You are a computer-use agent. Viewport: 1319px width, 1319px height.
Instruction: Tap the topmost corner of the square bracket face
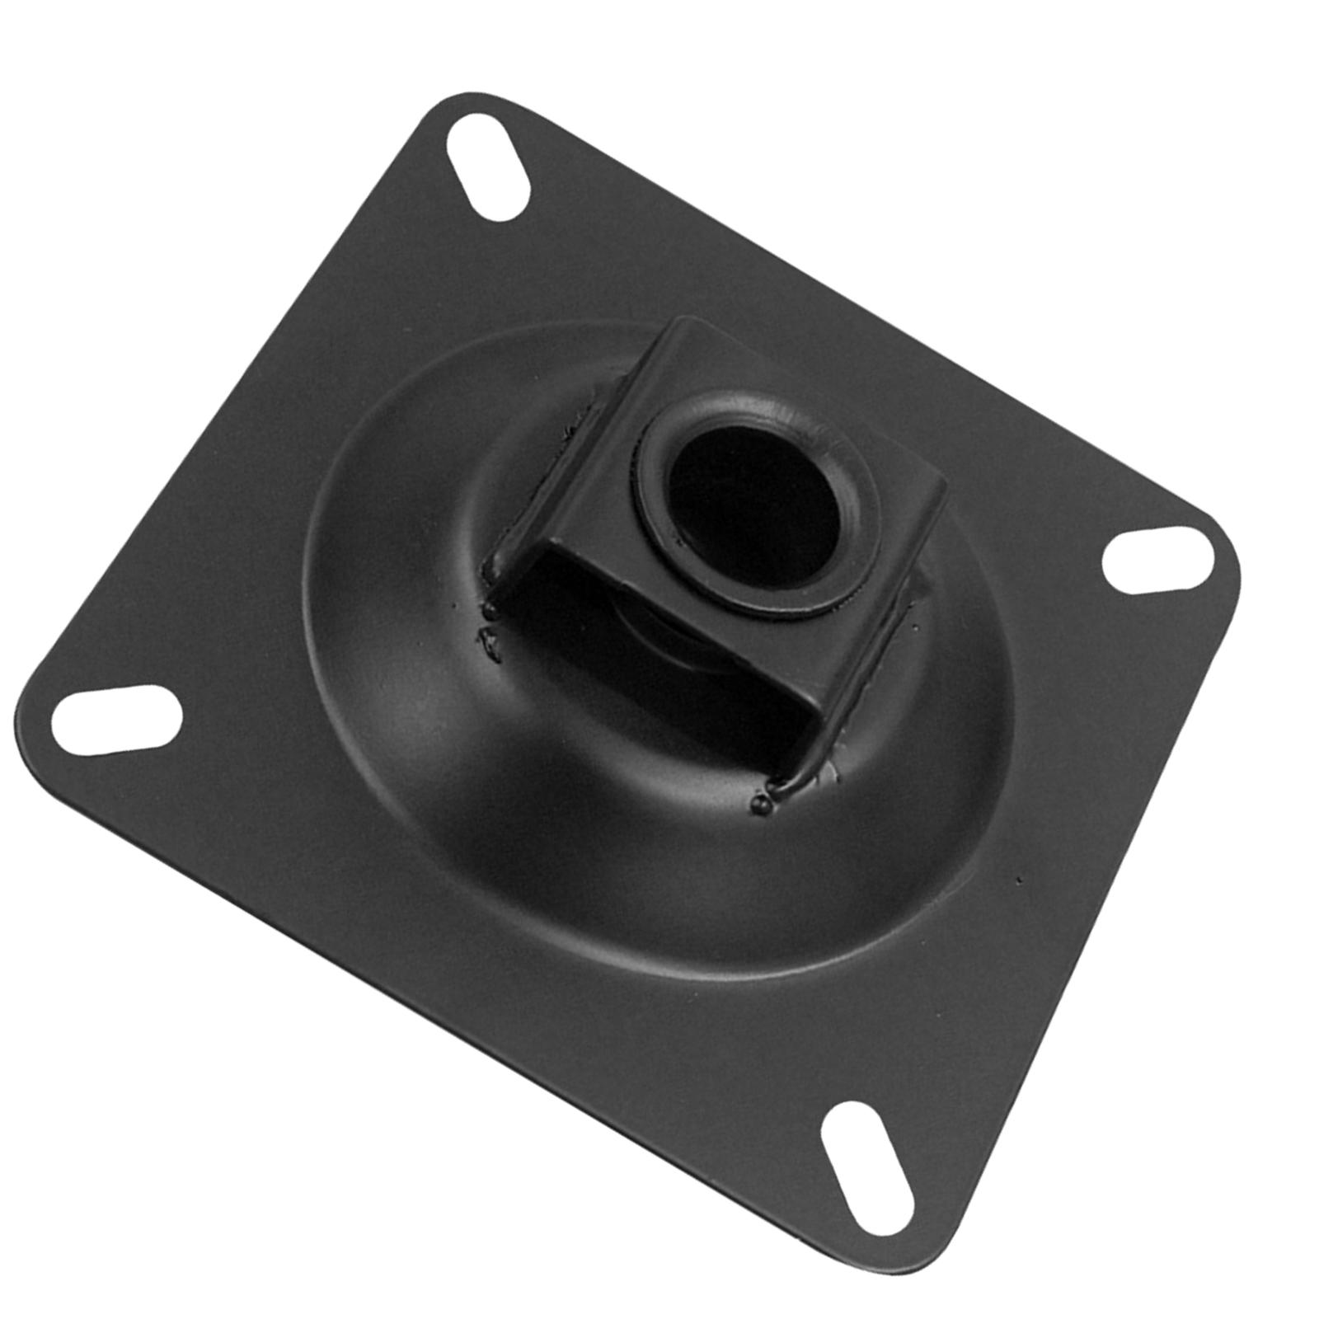tap(681, 321)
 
